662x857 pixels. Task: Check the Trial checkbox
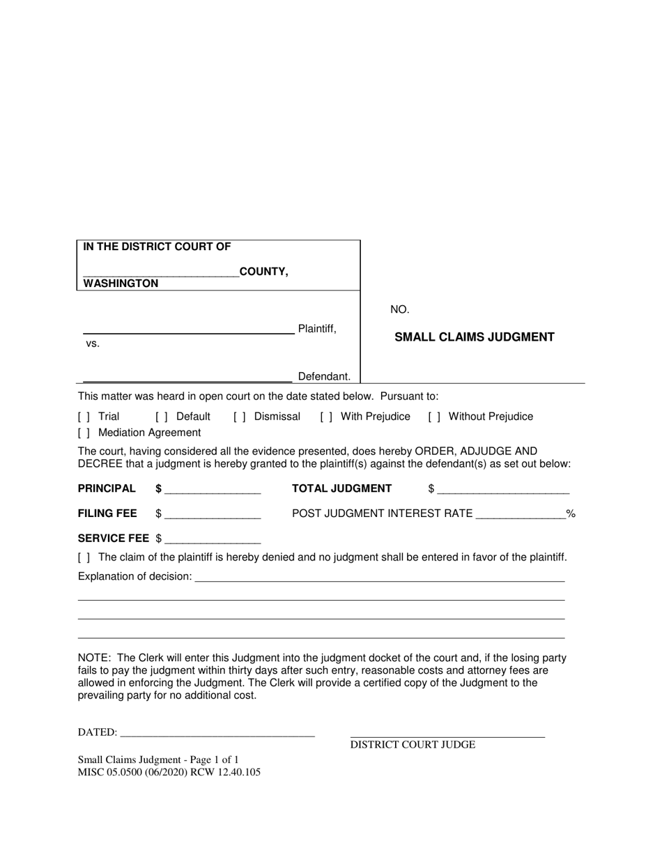(x=84, y=417)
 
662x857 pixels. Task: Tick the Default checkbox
(x=162, y=417)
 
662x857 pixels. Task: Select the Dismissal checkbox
(x=240, y=417)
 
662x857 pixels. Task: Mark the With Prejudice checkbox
(x=326, y=417)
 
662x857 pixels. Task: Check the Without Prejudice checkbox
(x=434, y=417)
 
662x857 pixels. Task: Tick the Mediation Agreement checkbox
(x=84, y=433)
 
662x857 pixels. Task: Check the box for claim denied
(x=84, y=557)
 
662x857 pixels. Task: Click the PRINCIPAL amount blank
(x=213, y=489)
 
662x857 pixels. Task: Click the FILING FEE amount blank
(x=213, y=514)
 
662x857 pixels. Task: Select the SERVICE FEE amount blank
(x=213, y=539)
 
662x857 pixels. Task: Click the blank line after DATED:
(x=217, y=733)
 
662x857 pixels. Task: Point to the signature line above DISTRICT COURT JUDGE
(x=447, y=734)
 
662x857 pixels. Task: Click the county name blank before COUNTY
(x=160, y=272)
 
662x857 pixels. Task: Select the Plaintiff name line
(x=188, y=330)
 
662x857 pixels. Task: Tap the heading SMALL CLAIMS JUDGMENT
(x=475, y=337)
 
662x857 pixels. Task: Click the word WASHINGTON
(x=121, y=284)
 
